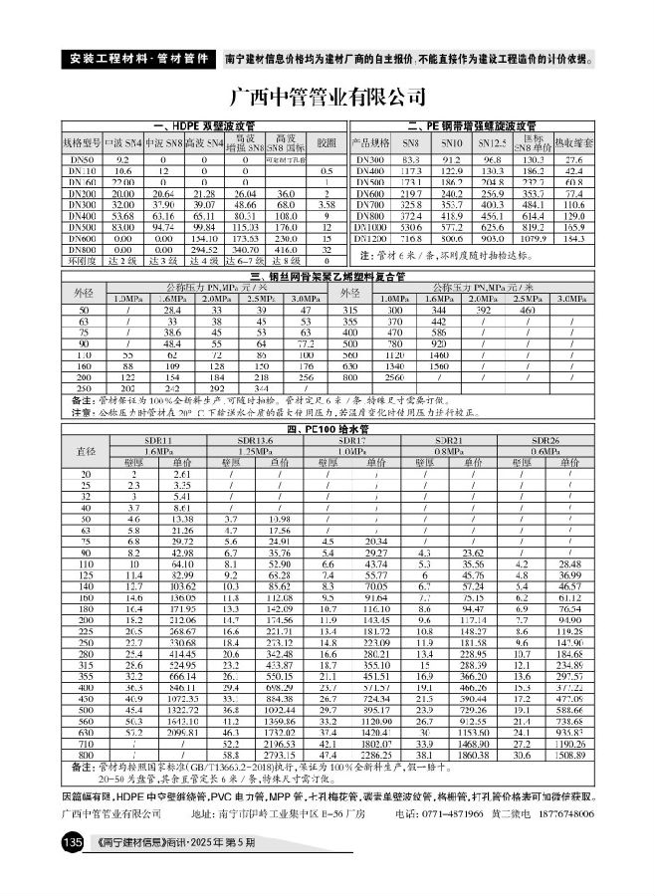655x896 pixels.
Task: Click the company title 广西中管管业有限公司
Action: (327, 98)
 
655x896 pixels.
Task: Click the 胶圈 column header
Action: (326, 143)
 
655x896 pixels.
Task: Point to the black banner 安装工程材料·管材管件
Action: (138, 57)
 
